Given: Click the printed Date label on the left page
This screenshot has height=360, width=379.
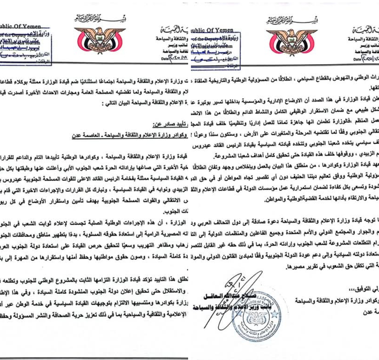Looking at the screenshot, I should [165, 59].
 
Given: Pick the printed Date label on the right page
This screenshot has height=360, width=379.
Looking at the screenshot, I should [352, 60].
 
